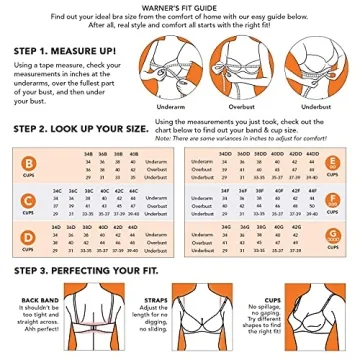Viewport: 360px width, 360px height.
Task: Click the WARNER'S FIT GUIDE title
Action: coord(179,7)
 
